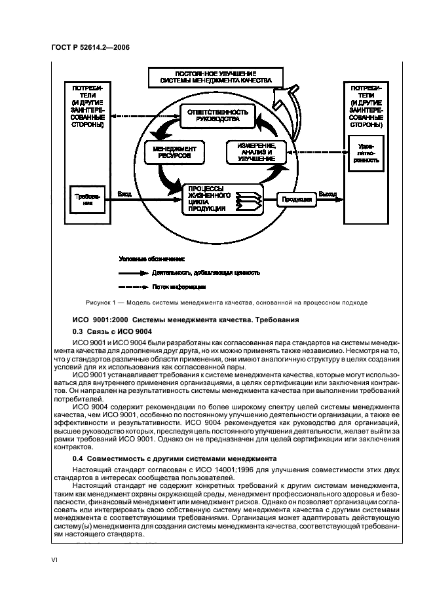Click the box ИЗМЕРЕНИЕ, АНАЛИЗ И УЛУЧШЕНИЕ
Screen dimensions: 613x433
252,152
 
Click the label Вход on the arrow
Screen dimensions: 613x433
124,194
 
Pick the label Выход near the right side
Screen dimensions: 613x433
328,194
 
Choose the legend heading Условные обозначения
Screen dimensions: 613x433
151,259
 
